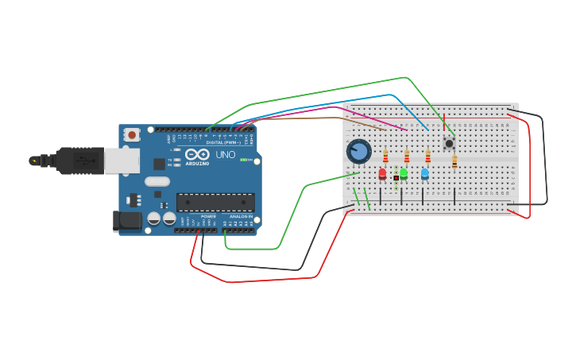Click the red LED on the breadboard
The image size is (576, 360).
pos(382,173)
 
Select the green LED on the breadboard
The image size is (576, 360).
pos(404,173)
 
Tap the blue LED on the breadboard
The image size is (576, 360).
pos(424,173)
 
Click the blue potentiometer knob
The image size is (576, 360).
pos(359,151)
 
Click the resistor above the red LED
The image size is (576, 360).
pos(386,156)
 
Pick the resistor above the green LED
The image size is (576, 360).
pos(407,156)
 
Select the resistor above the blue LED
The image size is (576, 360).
pos(427,156)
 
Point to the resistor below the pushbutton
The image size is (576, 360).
pos(454,161)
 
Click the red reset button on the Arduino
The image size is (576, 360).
pos(132,135)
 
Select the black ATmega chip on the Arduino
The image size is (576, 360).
pos(215,203)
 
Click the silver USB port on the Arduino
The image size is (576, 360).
pos(122,161)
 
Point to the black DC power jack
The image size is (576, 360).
pos(127,220)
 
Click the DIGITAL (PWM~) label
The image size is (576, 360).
pos(222,142)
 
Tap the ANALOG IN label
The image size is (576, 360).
pos(241,216)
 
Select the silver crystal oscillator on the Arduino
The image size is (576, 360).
pos(157,181)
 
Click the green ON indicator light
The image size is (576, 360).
pos(245,160)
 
